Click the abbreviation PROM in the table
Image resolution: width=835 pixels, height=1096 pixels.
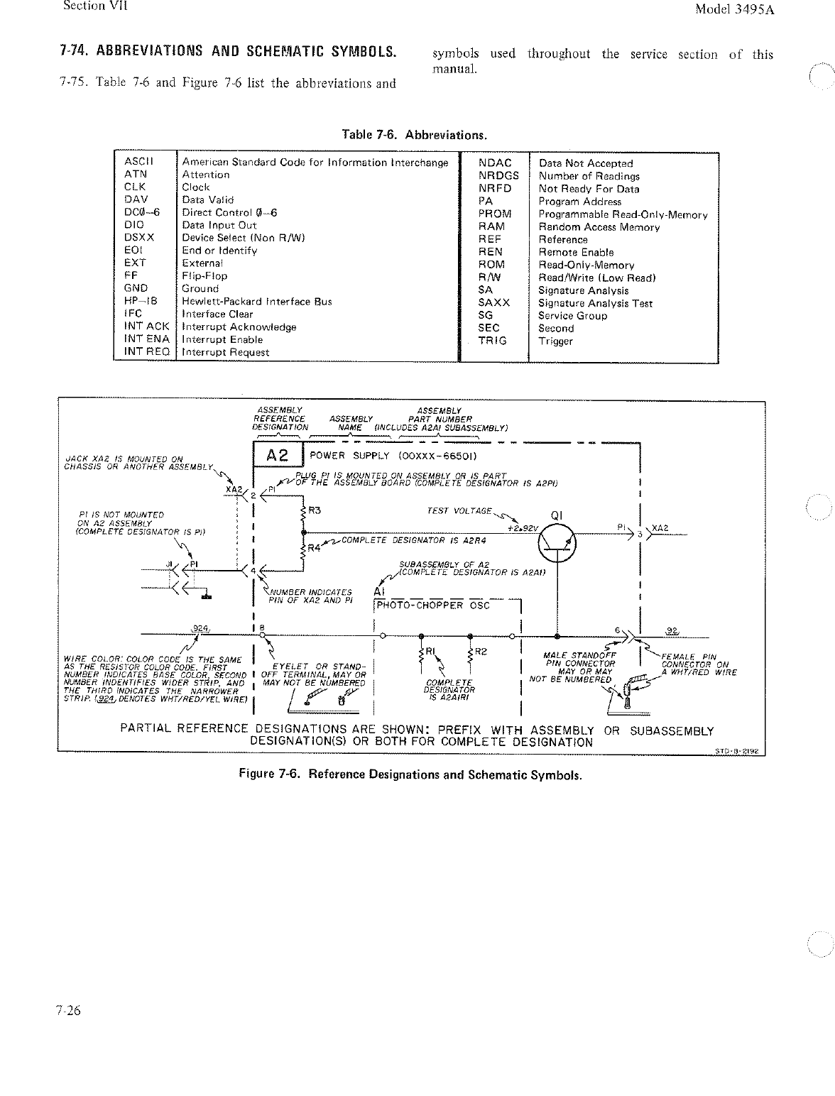click(495, 214)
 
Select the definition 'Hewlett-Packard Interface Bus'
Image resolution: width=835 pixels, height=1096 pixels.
click(256, 302)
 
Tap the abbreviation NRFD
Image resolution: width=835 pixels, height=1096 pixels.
click(494, 189)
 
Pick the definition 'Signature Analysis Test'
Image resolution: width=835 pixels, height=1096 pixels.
click(595, 303)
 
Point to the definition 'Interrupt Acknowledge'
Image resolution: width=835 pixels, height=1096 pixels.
click(239, 327)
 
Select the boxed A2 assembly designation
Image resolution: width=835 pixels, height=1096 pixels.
click(278, 457)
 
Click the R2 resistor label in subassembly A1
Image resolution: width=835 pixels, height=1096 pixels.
click(480, 652)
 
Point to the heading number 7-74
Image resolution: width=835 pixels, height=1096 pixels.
click(75, 51)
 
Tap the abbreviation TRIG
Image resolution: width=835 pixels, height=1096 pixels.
click(492, 341)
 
